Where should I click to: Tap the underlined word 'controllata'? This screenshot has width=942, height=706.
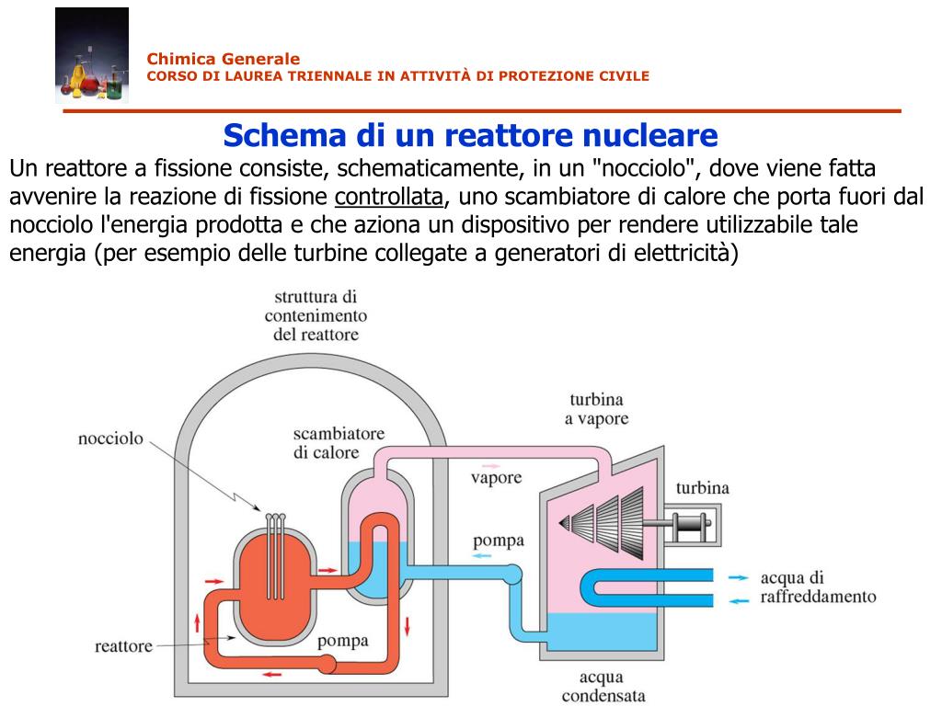point(389,197)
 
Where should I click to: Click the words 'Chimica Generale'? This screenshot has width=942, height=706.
point(224,59)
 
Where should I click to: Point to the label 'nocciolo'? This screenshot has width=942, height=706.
point(110,438)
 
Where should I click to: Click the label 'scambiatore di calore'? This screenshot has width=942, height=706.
point(339,443)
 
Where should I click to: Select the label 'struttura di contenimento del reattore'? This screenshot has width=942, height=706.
point(316,315)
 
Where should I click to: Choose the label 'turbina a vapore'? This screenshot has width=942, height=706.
point(596,409)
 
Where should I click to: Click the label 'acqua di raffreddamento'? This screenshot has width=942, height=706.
point(817,587)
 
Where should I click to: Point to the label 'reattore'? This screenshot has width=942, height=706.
point(124,646)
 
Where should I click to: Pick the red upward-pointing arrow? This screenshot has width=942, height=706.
point(197,623)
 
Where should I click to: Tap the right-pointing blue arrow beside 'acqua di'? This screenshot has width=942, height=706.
point(738,578)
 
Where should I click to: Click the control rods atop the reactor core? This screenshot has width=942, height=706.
point(274,552)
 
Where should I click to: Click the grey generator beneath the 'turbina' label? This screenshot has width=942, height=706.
point(692,527)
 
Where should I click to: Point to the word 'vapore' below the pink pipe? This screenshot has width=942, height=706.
point(496,478)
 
